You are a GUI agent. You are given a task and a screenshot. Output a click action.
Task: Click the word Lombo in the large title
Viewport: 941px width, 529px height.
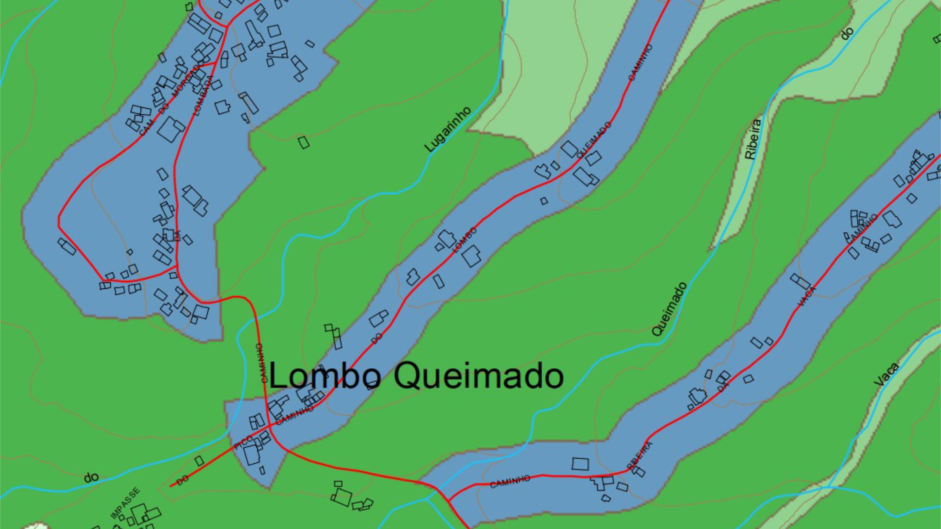pos(324,376)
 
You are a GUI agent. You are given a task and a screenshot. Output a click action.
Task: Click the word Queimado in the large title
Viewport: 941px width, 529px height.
pos(478,376)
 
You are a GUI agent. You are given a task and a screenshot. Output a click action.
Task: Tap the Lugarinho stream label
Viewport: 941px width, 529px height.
pos(448,129)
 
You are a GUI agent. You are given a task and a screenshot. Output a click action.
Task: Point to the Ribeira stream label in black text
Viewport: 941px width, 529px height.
pos(753,139)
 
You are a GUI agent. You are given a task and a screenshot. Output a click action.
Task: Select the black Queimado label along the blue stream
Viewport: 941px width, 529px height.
pos(669,309)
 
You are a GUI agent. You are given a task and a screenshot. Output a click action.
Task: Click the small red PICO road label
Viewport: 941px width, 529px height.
pos(243,443)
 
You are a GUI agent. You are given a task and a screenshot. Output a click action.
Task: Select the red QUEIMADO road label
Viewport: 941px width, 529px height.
pos(594,140)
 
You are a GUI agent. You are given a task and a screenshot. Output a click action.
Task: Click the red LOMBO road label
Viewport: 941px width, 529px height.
pos(465,240)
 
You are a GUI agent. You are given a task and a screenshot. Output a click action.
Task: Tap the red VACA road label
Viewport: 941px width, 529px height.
pos(807,296)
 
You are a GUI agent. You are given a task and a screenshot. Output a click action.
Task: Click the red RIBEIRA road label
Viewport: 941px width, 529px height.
pos(640,456)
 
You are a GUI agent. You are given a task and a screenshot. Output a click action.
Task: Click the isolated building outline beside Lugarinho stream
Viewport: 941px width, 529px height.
pos(303,142)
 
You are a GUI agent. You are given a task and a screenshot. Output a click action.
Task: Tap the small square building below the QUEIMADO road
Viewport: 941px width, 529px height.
pos(544,201)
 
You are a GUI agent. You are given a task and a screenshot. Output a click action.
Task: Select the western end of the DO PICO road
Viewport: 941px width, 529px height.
pos(171,486)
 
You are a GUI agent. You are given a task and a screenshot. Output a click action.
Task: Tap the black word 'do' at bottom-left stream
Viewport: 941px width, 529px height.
pos(91,478)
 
